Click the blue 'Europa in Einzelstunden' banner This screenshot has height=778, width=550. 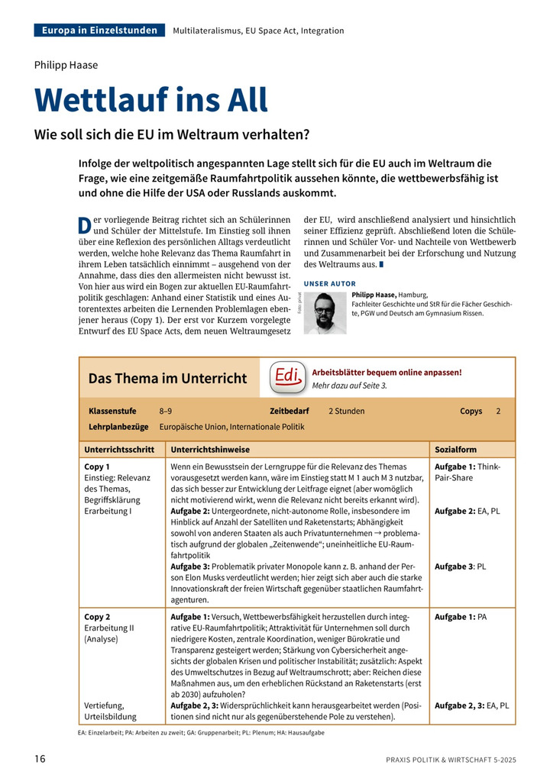click(99, 31)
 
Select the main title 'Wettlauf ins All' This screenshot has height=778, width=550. click(151, 100)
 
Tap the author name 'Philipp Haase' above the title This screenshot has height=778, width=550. click(66, 65)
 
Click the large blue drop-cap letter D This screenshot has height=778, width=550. click(84, 225)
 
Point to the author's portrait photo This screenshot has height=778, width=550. click(325, 312)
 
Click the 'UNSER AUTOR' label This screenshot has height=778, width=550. click(329, 283)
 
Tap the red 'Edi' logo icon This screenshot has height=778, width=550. click(287, 377)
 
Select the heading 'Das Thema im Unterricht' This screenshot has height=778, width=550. click(167, 378)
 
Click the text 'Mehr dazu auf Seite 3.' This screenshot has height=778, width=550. click(350, 386)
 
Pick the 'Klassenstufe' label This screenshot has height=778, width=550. click(112, 411)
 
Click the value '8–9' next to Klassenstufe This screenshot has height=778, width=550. click(166, 411)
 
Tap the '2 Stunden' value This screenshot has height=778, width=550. click(347, 411)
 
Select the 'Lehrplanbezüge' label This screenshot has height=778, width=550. click(118, 427)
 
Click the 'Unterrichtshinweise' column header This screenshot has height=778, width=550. click(210, 450)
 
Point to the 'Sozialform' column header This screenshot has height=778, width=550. click(455, 450)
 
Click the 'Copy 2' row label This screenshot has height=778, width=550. click(98, 617)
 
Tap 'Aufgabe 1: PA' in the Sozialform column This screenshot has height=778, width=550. click(461, 617)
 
